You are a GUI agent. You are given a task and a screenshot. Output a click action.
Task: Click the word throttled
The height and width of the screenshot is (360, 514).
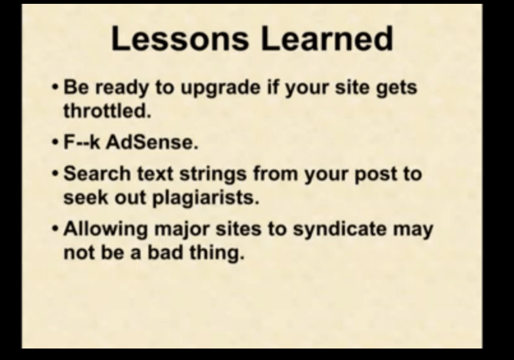click(107, 111)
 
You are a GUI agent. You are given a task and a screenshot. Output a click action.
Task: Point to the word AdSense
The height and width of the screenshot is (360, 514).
click(152, 142)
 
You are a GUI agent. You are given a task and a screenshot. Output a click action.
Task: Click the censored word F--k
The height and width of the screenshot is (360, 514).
click(82, 142)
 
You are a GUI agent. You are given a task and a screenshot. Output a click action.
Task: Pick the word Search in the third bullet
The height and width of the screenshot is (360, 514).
click(97, 173)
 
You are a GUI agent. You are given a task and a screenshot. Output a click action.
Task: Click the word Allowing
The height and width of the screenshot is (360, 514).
click(106, 229)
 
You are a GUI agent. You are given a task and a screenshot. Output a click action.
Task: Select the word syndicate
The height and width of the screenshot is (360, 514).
click(340, 229)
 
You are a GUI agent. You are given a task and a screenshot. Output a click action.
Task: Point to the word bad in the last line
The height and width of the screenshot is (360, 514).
click(165, 252)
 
